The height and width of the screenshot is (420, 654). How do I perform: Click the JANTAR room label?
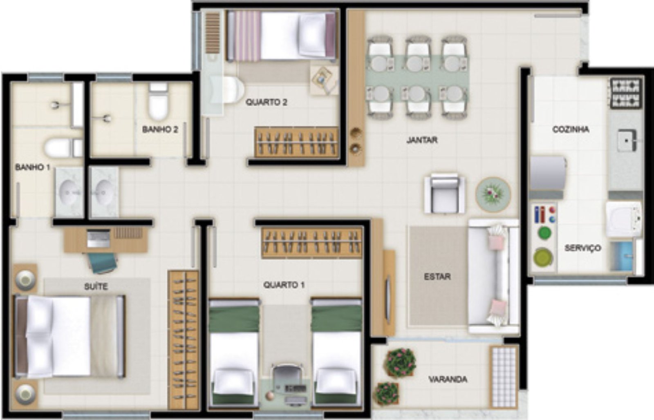422,140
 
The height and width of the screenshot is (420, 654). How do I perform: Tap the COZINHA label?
571,129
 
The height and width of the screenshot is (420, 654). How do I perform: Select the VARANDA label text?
448,380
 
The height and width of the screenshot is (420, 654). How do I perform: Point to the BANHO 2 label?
160,129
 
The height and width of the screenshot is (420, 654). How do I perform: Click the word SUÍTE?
96,286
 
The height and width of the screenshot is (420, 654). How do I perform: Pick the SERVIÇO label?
583,248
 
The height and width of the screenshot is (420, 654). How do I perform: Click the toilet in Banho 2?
158,101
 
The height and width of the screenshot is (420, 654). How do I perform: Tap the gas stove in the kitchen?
626,93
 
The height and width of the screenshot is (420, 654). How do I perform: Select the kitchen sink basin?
627,141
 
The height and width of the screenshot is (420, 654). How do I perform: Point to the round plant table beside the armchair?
493,194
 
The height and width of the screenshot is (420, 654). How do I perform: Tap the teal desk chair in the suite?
102,262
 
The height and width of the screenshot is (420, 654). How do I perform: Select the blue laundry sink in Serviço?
622,256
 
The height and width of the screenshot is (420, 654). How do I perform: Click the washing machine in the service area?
623,219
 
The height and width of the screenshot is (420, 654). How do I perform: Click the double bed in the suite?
69,336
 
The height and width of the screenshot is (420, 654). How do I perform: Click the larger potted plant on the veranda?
401,362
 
